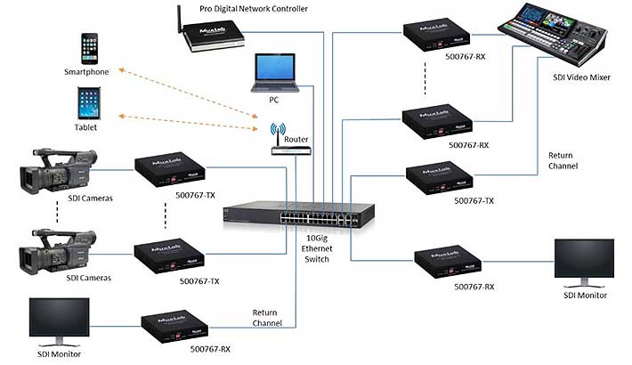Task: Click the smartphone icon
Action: point(89,48)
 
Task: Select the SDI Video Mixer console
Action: point(555,36)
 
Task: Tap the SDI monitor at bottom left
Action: point(59,320)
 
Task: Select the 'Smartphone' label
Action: point(87,71)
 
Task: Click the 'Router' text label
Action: point(296,140)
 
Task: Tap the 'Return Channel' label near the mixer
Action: point(563,160)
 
